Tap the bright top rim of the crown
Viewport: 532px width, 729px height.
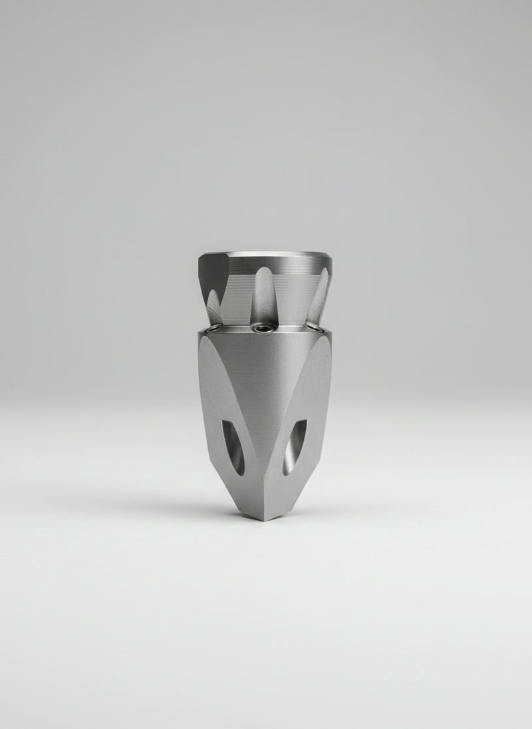pos(266,253)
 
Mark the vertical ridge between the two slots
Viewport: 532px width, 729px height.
pos(264,479)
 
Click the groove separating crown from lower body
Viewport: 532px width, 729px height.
pos(266,331)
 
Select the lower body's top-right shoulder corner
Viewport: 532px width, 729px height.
pos(331,335)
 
